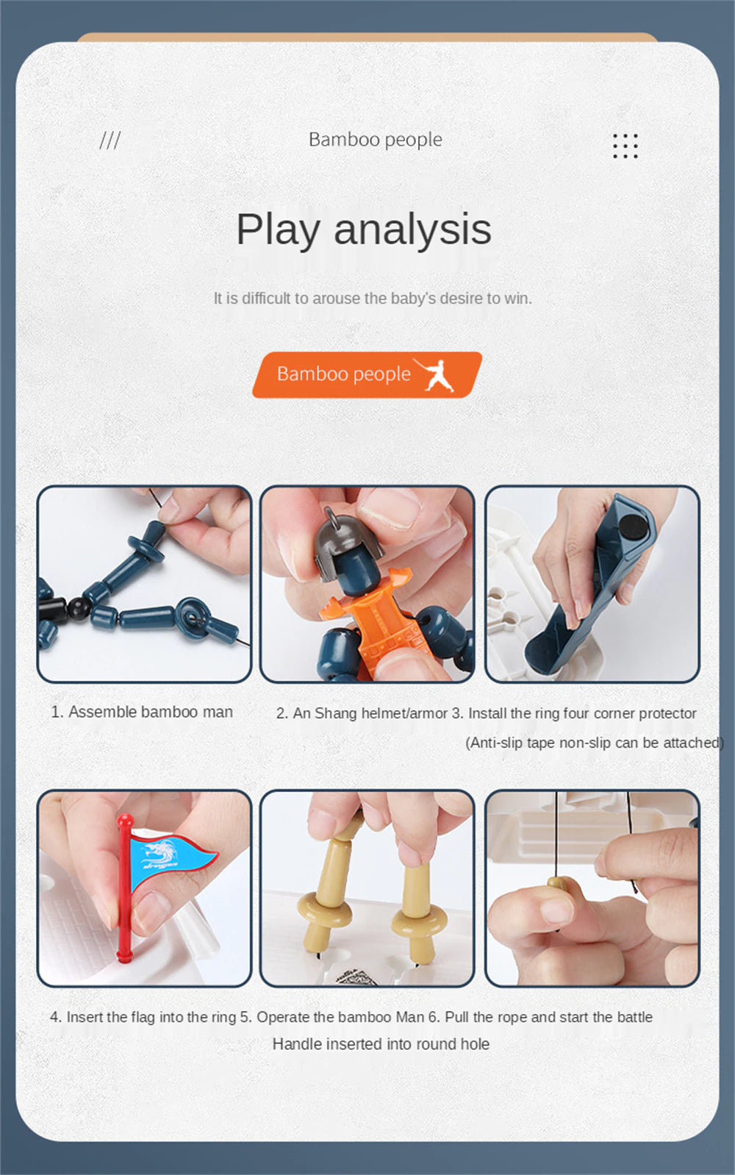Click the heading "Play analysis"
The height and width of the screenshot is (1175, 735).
tap(364, 229)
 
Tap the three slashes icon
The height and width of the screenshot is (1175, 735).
tap(110, 140)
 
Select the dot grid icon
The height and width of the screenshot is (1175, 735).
tap(625, 146)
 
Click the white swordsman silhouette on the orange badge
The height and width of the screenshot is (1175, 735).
tap(435, 375)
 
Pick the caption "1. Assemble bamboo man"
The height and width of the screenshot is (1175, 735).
tap(142, 712)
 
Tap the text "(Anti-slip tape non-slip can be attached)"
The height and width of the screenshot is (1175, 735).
tap(595, 743)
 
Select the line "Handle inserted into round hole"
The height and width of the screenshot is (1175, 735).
tap(381, 1044)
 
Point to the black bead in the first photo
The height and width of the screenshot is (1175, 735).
tap(79, 608)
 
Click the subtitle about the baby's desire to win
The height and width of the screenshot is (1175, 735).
tap(373, 299)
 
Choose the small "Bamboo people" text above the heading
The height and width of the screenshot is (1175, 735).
tap(376, 140)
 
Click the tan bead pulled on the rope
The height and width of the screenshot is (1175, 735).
tap(556, 883)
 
